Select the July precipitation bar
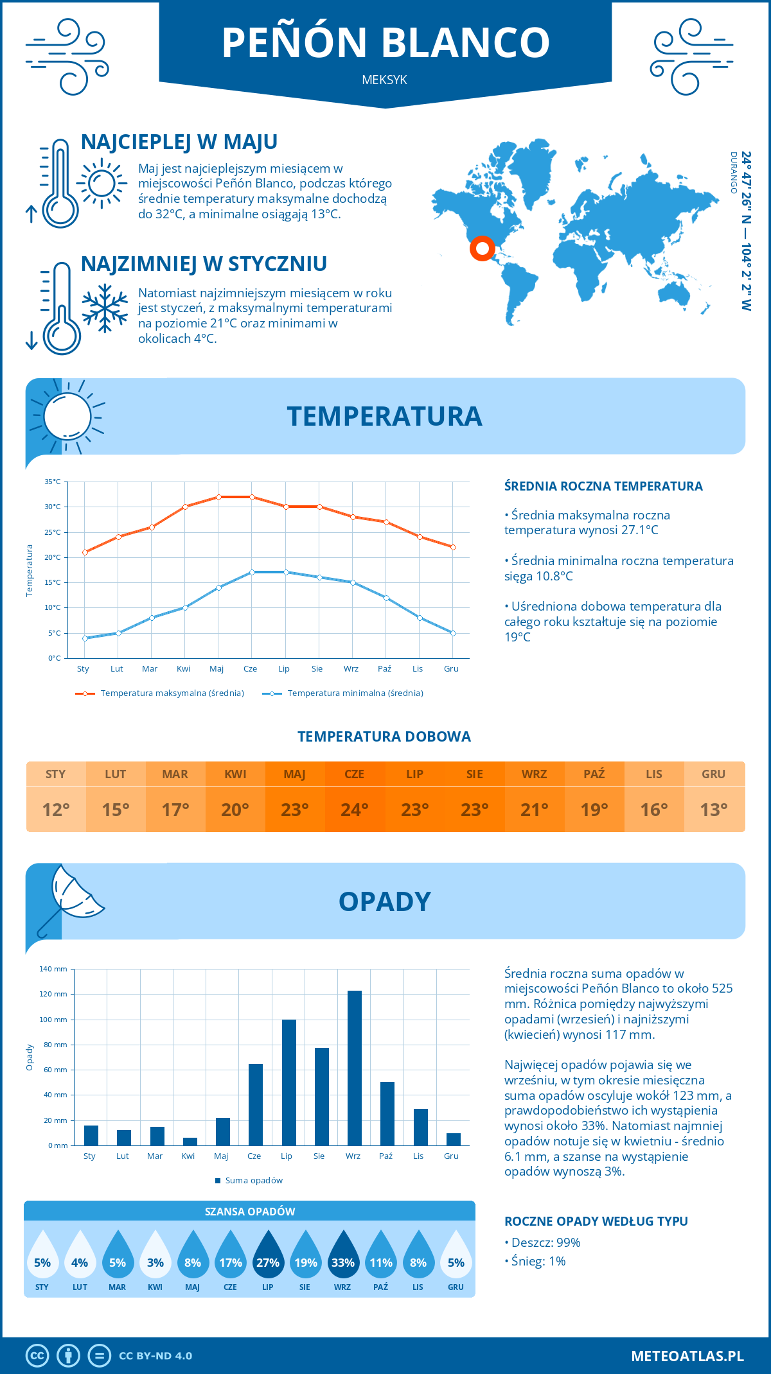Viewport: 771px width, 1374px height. pyautogui.click(x=289, y=1083)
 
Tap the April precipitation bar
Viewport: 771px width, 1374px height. pyautogui.click(x=190, y=1142)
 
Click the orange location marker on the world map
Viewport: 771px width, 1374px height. pyautogui.click(x=482, y=248)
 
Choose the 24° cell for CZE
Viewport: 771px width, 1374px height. pyautogui.click(x=355, y=810)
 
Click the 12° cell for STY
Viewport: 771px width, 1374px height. pyautogui.click(x=56, y=810)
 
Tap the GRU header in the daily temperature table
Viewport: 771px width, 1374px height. pyautogui.click(x=714, y=774)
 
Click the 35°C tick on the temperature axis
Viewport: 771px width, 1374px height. pyautogui.click(x=53, y=482)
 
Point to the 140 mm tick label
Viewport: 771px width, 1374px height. pyautogui.click(x=54, y=969)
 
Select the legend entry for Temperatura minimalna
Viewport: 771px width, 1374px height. pyautogui.click(x=343, y=693)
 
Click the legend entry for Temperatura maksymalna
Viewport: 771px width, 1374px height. pyautogui.click(x=160, y=693)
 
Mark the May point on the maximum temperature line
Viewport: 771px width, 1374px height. pyautogui.click(x=218, y=497)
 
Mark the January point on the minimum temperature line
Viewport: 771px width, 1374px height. pyautogui.click(x=85, y=638)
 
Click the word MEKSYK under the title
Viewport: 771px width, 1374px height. pyautogui.click(x=384, y=80)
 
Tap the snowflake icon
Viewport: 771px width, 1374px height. pyautogui.click(x=105, y=308)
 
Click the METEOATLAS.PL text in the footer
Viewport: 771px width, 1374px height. pyautogui.click(x=687, y=1356)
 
